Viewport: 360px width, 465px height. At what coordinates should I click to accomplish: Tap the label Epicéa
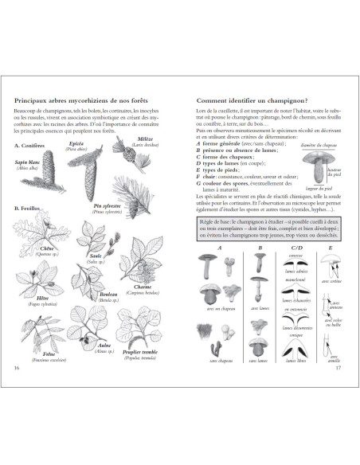click(77, 143)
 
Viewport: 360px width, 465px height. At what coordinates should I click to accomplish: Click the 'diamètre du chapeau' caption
click(318, 147)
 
